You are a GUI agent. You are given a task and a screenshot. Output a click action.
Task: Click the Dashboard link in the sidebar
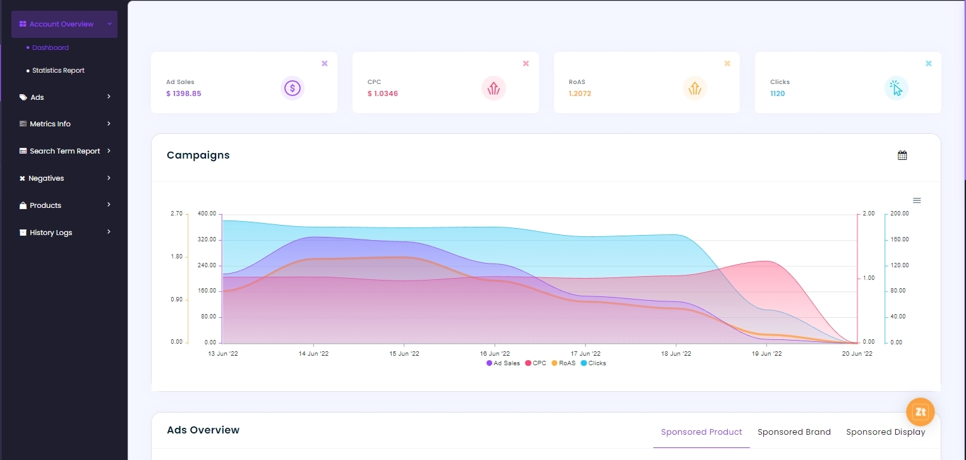tap(50, 47)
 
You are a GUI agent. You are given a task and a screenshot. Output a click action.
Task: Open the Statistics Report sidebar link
tap(58, 70)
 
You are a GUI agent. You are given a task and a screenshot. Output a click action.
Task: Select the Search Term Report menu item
tap(64, 151)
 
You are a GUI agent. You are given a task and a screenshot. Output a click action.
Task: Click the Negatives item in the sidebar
tap(46, 178)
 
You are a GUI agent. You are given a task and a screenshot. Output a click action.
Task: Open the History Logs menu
tap(51, 233)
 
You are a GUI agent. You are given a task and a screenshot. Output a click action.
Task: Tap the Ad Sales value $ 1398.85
tap(184, 94)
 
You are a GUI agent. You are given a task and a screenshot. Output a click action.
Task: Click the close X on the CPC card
tap(526, 63)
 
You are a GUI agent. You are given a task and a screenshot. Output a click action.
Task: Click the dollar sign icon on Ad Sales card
tap(292, 88)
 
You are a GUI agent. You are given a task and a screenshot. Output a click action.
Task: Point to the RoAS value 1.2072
tap(579, 94)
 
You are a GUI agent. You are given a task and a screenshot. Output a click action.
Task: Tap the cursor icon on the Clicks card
tap(896, 88)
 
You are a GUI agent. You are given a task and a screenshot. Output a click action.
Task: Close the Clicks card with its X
tap(928, 63)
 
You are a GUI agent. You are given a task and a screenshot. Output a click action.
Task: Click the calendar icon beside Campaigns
tap(902, 155)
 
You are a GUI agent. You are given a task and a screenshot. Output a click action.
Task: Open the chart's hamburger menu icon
tap(917, 200)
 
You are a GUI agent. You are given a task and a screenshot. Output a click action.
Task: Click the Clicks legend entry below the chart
tap(593, 363)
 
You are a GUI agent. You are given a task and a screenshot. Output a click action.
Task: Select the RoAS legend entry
tap(564, 363)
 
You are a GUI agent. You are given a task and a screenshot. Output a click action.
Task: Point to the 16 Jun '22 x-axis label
tap(495, 354)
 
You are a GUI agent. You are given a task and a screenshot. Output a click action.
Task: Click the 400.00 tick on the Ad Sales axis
tap(207, 214)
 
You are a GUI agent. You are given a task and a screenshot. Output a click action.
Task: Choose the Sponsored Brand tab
tap(794, 432)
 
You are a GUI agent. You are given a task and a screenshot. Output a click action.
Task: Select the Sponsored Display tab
tap(885, 432)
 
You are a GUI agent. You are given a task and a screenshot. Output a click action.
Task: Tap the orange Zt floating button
tap(920, 412)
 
